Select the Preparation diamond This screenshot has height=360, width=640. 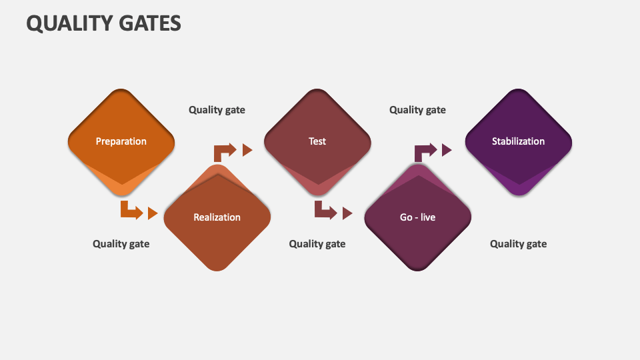tap(121, 141)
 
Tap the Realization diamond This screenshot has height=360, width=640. tap(217, 217)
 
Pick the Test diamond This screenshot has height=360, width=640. tap(317, 141)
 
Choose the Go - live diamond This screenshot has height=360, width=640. tap(418, 217)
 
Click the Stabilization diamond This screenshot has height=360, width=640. tap(518, 141)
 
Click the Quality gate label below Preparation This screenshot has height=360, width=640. tap(121, 244)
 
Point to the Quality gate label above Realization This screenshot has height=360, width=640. tap(217, 110)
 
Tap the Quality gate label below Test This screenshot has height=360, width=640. tap(317, 244)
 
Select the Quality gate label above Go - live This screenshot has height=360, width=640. tap(417, 110)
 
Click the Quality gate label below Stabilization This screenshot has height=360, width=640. tap(518, 244)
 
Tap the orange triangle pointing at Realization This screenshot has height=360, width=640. tap(153, 213)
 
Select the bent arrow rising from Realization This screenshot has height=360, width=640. tap(224, 151)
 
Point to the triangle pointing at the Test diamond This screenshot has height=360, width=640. tap(247, 150)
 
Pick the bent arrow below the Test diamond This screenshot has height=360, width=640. tap(325, 211)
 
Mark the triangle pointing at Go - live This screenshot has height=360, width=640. tap(347, 213)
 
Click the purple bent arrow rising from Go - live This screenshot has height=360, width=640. tap(425, 151)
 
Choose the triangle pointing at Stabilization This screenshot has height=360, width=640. tap(447, 150)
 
